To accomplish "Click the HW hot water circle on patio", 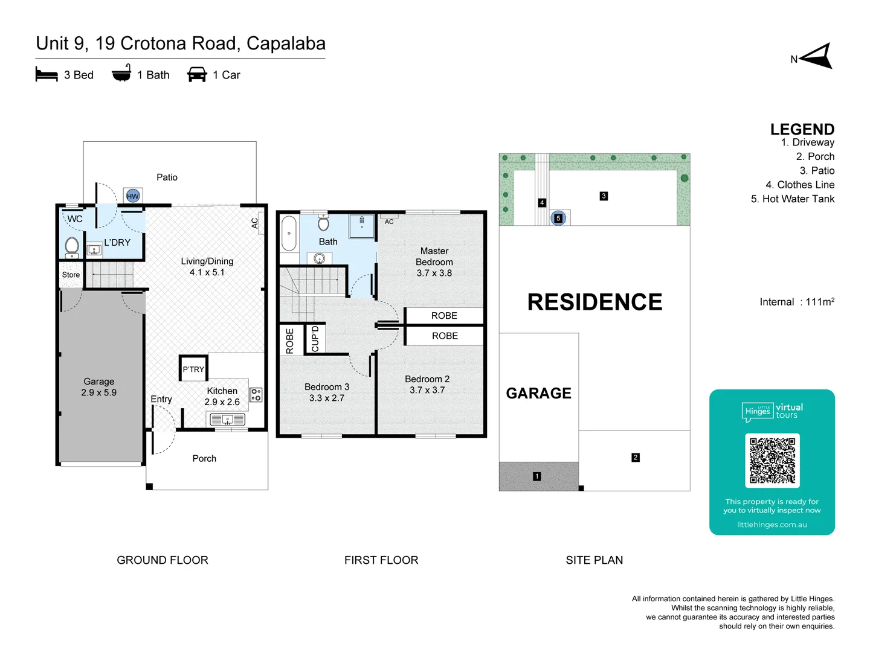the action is coord(133,196).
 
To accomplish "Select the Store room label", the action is coord(71,275).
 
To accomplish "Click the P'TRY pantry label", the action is coord(193,369).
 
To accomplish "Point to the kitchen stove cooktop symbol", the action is coord(256,395).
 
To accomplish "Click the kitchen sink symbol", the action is coord(227,419).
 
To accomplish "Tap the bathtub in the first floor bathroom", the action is coord(289,233).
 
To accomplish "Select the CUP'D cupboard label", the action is coord(315,339).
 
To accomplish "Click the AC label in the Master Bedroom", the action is coord(389,222).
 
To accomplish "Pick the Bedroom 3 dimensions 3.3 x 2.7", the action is coord(327,398).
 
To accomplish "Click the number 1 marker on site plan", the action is coord(536,476).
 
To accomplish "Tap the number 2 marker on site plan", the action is coord(636,458).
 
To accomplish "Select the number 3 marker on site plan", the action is coord(604,196).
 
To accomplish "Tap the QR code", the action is coord(772,461).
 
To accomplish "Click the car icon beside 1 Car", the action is coord(197,74).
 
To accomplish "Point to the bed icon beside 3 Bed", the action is coord(47,74).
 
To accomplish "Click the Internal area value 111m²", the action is coord(820,302).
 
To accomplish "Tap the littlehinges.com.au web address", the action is coord(772,525).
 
